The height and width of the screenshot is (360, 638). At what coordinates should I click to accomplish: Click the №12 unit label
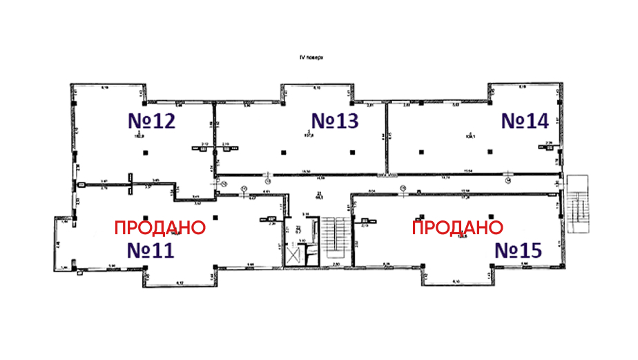[x=152, y=120]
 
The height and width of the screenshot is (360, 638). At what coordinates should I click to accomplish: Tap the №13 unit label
[x=336, y=120]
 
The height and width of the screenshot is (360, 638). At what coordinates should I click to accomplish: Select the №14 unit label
[x=524, y=120]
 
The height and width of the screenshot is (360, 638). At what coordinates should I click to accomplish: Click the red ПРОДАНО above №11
[x=159, y=227]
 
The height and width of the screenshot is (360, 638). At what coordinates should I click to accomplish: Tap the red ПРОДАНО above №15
[x=458, y=227]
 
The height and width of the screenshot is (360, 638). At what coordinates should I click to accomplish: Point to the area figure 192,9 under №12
[x=141, y=135]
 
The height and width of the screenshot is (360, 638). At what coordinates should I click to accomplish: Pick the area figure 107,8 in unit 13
[x=309, y=135]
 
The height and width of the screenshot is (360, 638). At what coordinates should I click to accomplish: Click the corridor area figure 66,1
[x=319, y=197]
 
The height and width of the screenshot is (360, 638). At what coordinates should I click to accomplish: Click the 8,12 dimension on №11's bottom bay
[x=180, y=283]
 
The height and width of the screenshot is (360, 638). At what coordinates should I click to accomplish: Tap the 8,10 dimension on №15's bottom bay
[x=456, y=283]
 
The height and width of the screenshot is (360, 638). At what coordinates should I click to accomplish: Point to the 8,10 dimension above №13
[x=317, y=88]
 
